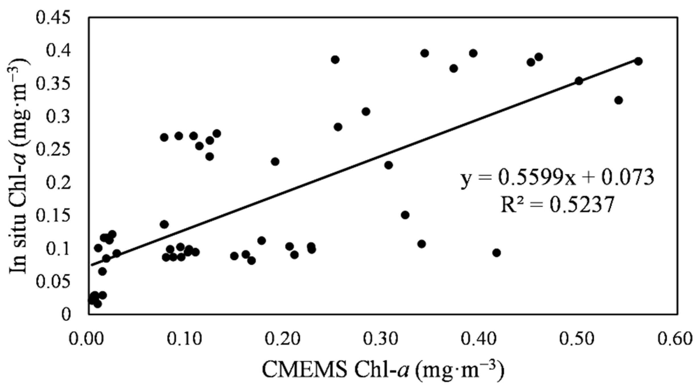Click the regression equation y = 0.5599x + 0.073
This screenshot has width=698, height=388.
tap(557, 178)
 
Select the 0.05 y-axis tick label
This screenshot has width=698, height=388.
tap(53, 281)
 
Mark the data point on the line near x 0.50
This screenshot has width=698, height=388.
tap(579, 81)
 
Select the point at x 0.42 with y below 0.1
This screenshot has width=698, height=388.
tap(496, 253)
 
